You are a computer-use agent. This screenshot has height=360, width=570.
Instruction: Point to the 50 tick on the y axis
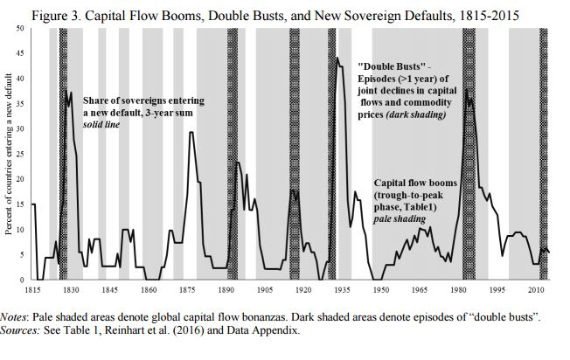point(21,29)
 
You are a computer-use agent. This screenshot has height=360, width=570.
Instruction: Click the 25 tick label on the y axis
point(21,154)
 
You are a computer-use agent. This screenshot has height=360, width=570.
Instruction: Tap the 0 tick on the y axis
point(24,279)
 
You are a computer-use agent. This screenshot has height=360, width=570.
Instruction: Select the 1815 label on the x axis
point(32,288)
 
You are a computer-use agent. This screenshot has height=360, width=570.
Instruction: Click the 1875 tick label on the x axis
point(187,288)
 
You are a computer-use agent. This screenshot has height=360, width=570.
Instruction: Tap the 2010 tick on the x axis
point(535,288)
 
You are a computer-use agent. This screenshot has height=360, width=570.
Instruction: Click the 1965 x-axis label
point(420,288)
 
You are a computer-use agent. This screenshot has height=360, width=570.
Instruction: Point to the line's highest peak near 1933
point(337,59)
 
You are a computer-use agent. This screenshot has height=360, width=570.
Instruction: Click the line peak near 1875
point(191,132)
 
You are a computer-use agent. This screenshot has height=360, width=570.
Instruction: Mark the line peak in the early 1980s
point(466,90)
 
